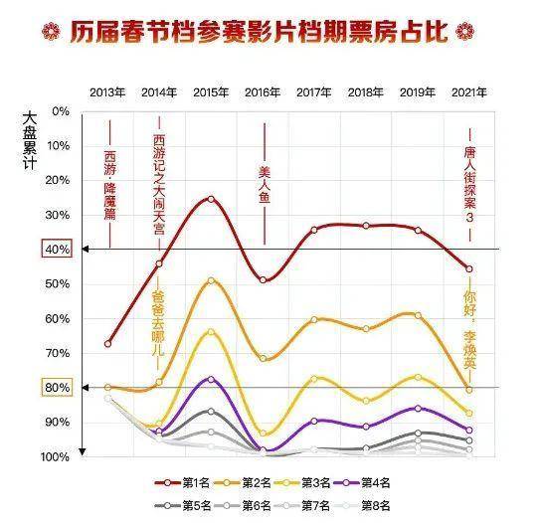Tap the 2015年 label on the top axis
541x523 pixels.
point(210,92)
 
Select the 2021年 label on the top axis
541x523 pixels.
point(469,92)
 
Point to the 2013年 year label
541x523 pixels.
point(107,92)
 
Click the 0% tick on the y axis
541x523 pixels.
point(61,111)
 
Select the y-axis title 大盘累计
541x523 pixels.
point(30,139)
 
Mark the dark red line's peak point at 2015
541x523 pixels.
point(210,199)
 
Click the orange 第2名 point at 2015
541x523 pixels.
point(210,280)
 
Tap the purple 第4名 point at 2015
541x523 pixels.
point(210,379)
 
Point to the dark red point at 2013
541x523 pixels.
point(107,344)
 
